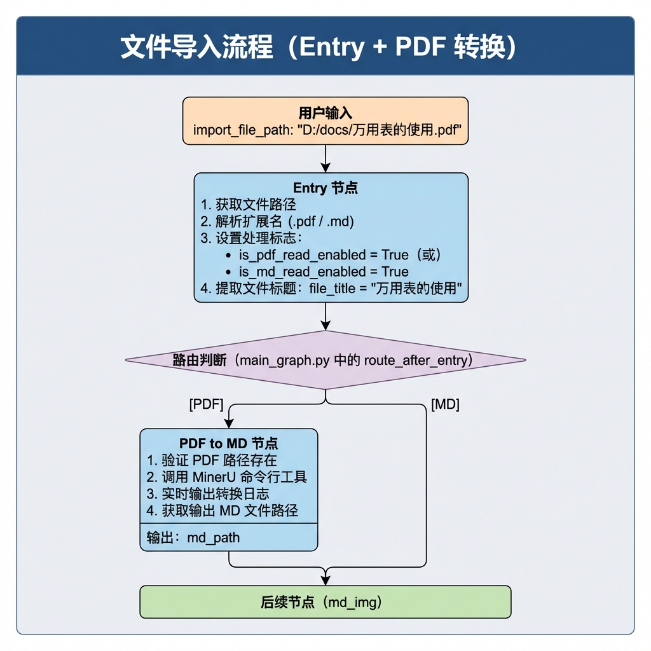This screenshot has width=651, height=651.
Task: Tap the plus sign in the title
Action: tap(380, 47)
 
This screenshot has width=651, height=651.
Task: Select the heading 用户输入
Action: tap(325, 113)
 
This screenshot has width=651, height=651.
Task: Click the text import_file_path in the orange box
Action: tap(243, 130)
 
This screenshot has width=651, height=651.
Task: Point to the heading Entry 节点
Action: tap(325, 188)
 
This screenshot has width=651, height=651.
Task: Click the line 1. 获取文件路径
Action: tap(249, 205)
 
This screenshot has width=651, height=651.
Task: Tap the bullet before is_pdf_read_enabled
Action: tap(228, 256)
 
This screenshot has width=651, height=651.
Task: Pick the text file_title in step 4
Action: tap(332, 289)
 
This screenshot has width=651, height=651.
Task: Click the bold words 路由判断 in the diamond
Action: tap(200, 360)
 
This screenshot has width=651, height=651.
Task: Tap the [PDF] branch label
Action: tap(207, 404)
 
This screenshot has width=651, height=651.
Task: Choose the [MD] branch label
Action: tap(445, 404)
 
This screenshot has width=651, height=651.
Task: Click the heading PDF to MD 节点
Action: tap(229, 443)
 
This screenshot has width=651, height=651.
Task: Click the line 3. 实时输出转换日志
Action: tap(208, 493)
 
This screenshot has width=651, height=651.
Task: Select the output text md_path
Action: tap(214, 538)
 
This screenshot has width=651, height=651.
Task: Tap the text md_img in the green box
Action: tap(355, 603)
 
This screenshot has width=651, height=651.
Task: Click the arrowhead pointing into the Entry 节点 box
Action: tap(325, 168)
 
